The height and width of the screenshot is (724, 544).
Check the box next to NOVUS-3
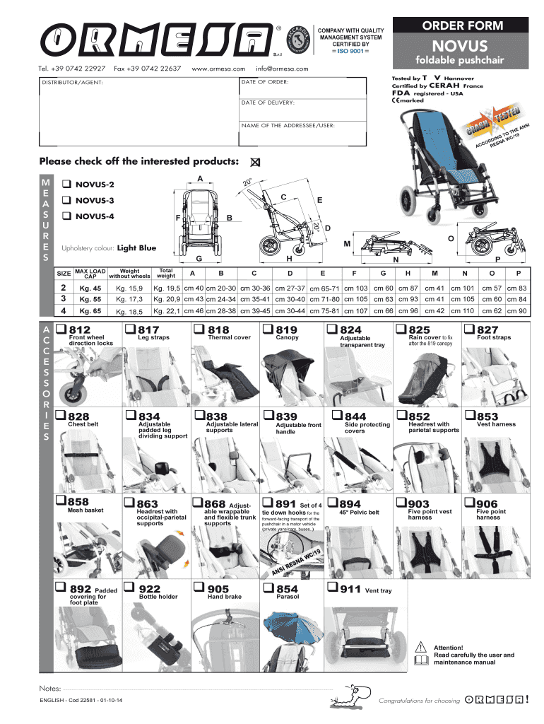(x=66, y=200)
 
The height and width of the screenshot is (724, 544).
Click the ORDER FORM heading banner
(x=463, y=26)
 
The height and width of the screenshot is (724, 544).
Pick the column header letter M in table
(x=434, y=274)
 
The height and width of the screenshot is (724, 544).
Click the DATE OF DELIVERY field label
(x=268, y=103)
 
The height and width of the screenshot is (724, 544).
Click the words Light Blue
(x=136, y=248)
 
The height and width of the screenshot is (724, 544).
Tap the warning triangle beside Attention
(x=421, y=646)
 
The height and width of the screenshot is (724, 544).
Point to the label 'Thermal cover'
(x=229, y=338)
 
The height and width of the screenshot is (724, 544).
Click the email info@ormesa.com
(x=283, y=69)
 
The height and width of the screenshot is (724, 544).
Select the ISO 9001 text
(x=350, y=51)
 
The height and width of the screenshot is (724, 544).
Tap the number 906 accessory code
(x=487, y=503)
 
